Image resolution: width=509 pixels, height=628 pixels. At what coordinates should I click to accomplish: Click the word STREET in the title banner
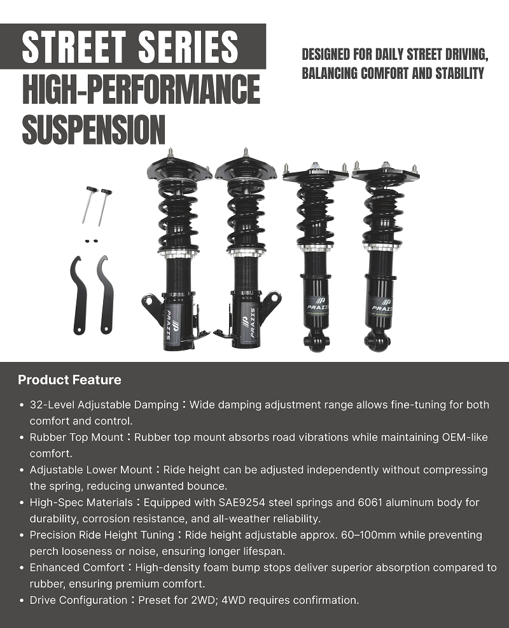74,46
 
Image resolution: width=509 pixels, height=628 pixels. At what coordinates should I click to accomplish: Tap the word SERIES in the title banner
188,46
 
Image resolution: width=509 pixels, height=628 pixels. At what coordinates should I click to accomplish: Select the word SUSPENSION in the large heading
94,129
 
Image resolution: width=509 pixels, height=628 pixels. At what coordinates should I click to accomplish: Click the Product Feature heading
69,380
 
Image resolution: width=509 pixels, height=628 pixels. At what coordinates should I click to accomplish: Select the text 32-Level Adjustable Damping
104,405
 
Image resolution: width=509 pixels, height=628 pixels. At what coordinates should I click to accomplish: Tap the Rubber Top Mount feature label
76,437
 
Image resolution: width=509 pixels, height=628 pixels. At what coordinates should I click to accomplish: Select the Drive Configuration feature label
78,600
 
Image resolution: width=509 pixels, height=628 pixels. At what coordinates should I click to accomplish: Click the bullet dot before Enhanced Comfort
22,568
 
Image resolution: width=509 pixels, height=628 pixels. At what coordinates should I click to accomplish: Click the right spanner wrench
106,295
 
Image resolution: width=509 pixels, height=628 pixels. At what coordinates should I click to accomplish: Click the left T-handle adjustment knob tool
89,205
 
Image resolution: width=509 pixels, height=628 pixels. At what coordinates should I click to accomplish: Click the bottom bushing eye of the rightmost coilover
377,340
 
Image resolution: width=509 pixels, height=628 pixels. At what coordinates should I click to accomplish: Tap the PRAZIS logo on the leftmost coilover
168,324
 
